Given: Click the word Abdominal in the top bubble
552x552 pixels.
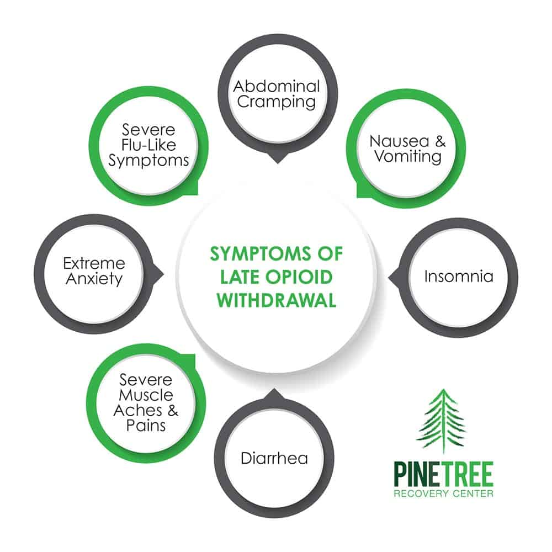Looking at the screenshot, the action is (277, 87).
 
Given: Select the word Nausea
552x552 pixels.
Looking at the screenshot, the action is (399, 141).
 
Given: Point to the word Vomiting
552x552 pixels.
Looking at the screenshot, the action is (408, 157).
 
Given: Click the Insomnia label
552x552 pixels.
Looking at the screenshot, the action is (458, 277).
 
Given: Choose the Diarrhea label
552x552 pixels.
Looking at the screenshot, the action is (274, 458).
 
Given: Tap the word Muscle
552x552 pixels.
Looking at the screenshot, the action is (146, 395).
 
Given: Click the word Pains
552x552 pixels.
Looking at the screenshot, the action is (146, 426).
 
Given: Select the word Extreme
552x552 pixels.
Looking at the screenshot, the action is (94, 263).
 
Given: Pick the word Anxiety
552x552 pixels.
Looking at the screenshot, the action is (94, 279).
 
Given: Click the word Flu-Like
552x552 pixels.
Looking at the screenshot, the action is (148, 145).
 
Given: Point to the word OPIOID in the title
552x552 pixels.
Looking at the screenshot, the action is (299, 277).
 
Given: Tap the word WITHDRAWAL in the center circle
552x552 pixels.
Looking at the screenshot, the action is (277, 301).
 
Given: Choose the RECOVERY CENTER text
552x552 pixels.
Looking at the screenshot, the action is (444, 493).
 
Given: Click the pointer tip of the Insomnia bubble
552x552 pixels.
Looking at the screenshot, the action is (389, 278).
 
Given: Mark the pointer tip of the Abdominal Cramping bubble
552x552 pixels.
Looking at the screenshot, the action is (278, 163).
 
